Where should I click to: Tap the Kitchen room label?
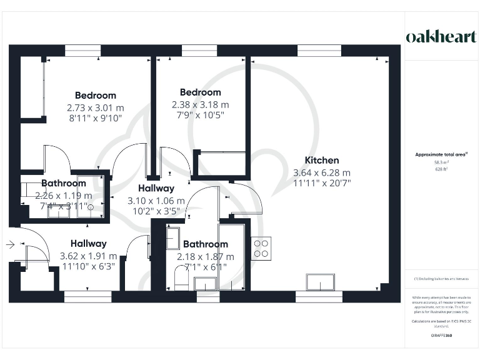[322, 161]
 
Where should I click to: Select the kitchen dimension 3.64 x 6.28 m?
[322, 172]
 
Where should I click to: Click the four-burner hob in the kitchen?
[261, 248]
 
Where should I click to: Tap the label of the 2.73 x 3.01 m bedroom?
[96, 96]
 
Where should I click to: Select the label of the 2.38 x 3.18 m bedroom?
[200, 92]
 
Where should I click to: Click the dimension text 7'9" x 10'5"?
[200, 115]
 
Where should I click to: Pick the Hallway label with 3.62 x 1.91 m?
[88, 244]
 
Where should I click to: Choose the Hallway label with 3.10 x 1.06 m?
[156, 188]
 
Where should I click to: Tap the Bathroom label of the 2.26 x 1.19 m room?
[64, 183]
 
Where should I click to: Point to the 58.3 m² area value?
[441, 162]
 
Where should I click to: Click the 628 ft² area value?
[441, 169]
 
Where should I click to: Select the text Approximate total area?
[441, 154]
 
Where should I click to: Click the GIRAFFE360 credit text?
[441, 336]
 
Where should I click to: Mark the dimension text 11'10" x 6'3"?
[88, 267]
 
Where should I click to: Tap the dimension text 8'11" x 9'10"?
[96, 117]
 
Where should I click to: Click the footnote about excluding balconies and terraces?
[441, 279]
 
